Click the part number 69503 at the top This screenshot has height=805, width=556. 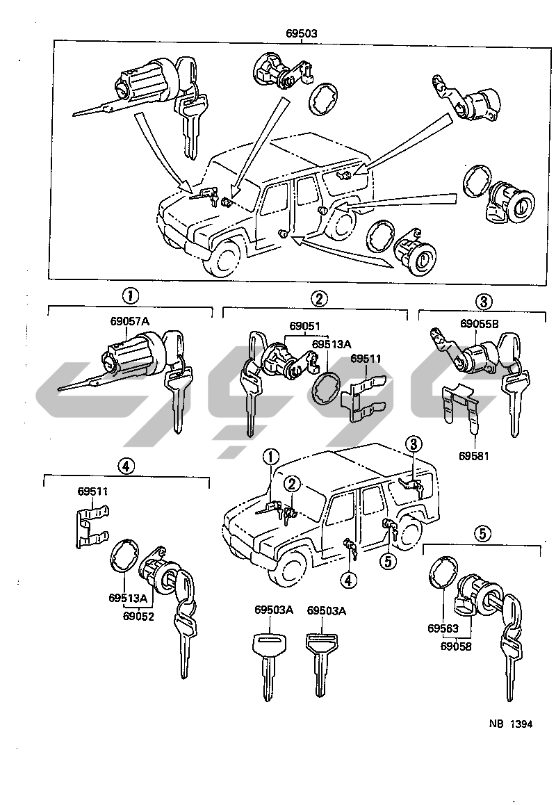tap(302, 33)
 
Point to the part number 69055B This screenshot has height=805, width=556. tap(479, 323)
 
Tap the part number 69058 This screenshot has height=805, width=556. tap(457, 646)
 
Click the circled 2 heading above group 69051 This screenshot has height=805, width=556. tap(318, 299)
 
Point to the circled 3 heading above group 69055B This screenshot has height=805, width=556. tap(484, 301)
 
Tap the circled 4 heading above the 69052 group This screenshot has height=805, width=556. tap(126, 466)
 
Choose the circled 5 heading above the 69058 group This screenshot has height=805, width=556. tap(483, 534)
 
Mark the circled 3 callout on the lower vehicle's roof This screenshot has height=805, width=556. tap(413, 444)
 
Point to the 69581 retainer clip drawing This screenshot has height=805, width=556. tap(461, 409)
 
